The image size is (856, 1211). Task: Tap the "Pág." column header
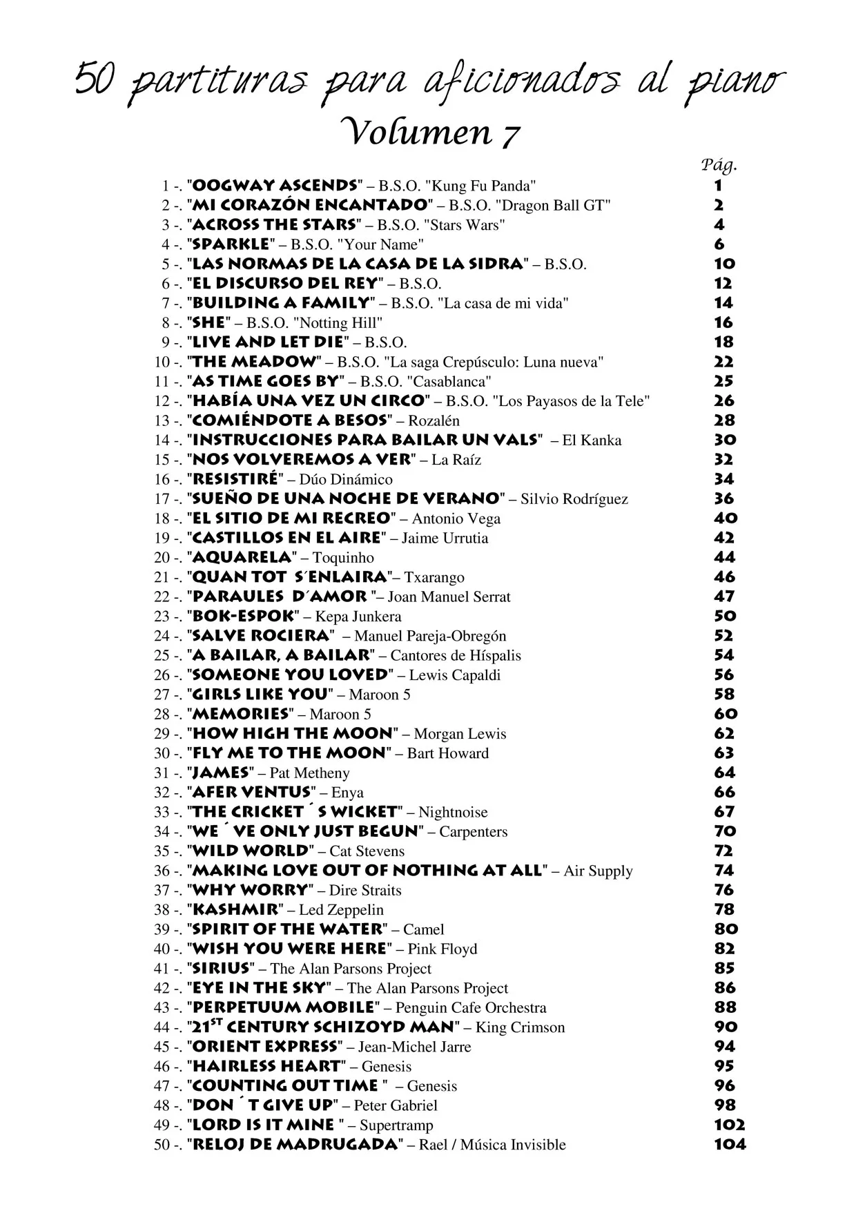click(x=719, y=164)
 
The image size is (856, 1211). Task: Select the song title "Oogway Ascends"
click(x=275, y=186)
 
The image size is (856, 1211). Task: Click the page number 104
click(x=730, y=1144)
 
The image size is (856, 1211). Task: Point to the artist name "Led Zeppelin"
click(x=341, y=910)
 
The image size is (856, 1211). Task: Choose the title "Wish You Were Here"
click(x=289, y=949)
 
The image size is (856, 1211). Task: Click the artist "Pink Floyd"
click(x=442, y=949)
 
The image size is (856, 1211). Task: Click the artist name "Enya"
click(x=347, y=793)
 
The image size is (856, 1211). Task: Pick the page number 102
click(x=729, y=1125)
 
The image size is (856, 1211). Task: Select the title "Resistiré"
click(x=235, y=479)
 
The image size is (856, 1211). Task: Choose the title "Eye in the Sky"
click(x=259, y=988)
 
